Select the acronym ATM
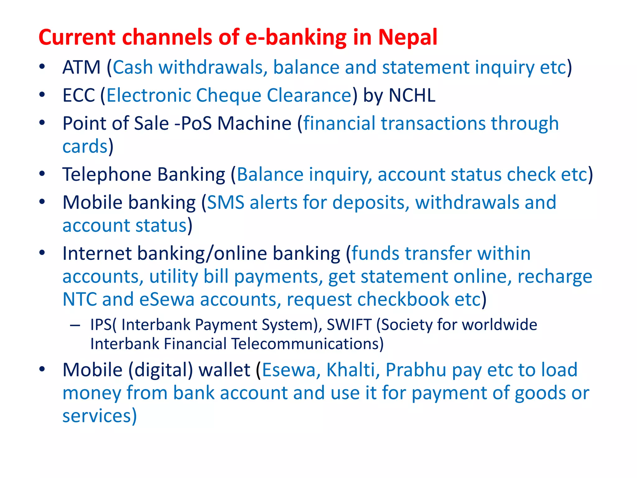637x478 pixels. [x=81, y=67]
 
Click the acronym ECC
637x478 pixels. [x=79, y=95]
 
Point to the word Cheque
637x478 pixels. [x=228, y=95]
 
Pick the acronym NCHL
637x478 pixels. [x=412, y=95]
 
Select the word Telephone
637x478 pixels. [x=107, y=174]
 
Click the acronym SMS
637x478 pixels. [x=226, y=203]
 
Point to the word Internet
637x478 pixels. [x=97, y=253]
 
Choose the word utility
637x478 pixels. [x=173, y=276]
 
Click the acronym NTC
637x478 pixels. [x=80, y=299]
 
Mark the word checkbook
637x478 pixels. [x=403, y=299]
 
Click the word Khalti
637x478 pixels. [x=353, y=370]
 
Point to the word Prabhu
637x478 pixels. [x=416, y=370]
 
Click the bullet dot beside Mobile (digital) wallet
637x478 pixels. [x=42, y=369]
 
